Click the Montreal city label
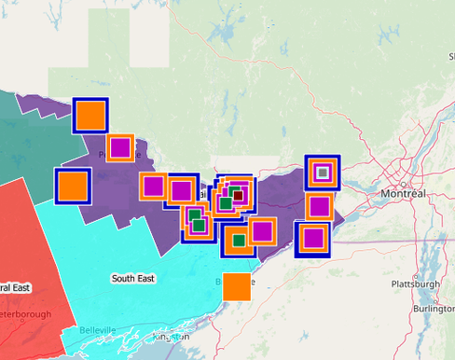pos(403,193)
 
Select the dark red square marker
pos(237,195)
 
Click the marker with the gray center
pos(322,172)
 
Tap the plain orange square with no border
pos(237,286)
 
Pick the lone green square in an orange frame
pos(240,241)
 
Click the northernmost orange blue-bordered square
pos(90,115)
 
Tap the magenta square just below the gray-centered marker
pos(319,206)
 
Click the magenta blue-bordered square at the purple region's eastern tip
pos(312,238)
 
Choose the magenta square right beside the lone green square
pos(261,230)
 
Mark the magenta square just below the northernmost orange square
pos(120,146)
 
